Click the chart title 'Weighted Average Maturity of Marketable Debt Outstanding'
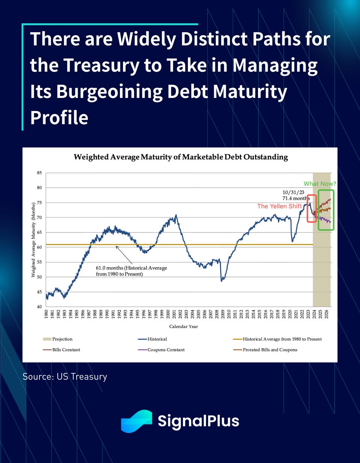[x=181, y=157]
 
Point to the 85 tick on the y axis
[x=39, y=173]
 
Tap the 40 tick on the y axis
[x=39, y=307]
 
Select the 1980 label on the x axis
[x=46, y=314]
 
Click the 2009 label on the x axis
[x=223, y=314]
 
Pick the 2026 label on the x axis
[x=326, y=314]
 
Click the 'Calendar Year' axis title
[x=183, y=326]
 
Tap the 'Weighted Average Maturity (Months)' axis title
[x=33, y=240]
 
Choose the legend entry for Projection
[x=58, y=339]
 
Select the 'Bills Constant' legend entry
[x=61, y=350]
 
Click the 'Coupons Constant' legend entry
[x=161, y=350]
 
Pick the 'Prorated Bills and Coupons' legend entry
[x=265, y=350]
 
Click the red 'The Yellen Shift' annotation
[x=279, y=206]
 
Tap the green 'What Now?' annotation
[x=320, y=184]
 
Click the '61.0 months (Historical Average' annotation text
[x=131, y=268]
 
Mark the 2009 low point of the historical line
[x=221, y=281]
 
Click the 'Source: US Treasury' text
[x=65, y=376]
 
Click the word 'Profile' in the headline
[x=59, y=118]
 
